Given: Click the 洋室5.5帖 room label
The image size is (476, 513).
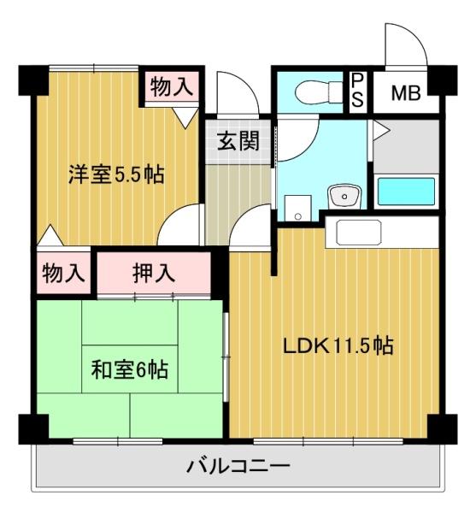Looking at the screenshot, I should [x=116, y=174].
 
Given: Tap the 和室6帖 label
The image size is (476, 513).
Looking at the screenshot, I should [x=129, y=370].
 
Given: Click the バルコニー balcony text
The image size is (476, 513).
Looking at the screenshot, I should [x=238, y=468].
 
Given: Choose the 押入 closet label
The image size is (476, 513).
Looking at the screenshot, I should [x=155, y=273].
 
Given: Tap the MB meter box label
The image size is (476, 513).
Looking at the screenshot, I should [x=405, y=92].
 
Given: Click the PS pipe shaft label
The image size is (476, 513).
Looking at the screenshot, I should [x=358, y=90].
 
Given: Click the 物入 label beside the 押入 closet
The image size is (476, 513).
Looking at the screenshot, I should [x=64, y=274].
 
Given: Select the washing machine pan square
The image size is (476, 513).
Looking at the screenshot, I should [x=297, y=207].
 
